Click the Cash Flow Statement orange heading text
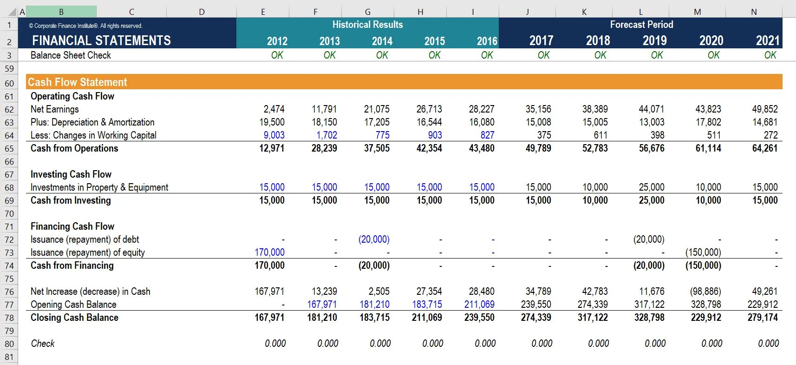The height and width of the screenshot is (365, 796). (x=77, y=82)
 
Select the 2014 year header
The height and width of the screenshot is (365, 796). (x=382, y=41)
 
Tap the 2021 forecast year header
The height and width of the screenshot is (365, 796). (x=767, y=41)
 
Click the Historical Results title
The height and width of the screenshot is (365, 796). (x=367, y=25)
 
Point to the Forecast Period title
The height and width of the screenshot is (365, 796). (x=641, y=25)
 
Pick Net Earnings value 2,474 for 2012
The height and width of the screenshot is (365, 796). (x=274, y=109)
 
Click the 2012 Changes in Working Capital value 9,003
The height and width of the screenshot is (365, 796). (x=274, y=135)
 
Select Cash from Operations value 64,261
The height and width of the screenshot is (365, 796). (x=764, y=148)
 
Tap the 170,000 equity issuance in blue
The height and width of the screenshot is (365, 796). (x=269, y=252)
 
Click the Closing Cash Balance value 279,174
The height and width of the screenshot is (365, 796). (x=763, y=318)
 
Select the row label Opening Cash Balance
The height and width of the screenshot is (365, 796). (x=73, y=305)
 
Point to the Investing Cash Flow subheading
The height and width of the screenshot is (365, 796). (x=71, y=174)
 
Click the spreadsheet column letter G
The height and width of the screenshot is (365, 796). (x=367, y=12)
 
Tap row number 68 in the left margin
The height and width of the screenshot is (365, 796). (x=9, y=187)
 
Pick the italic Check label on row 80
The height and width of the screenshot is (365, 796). (x=43, y=344)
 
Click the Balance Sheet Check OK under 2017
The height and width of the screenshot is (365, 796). (x=543, y=55)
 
